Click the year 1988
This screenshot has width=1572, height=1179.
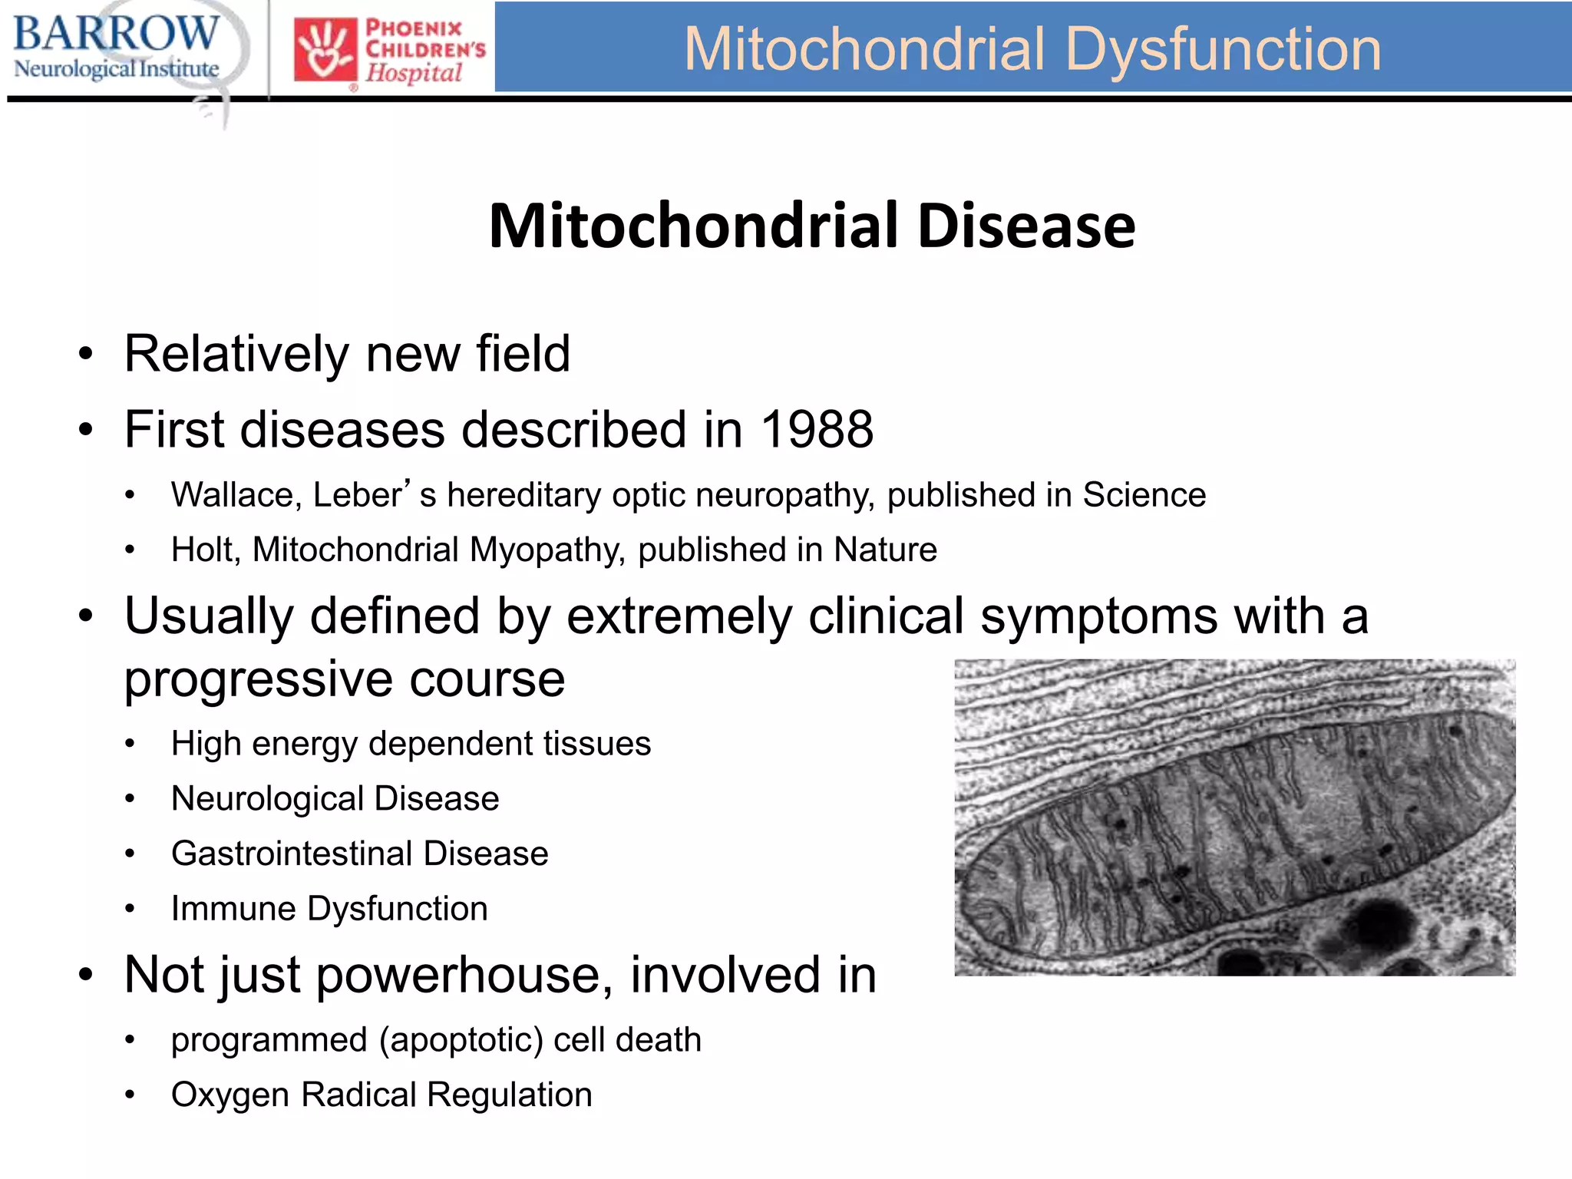(x=817, y=430)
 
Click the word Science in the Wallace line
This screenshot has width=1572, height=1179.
(x=1144, y=495)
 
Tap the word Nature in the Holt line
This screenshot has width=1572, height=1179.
(x=885, y=550)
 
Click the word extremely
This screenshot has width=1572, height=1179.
(x=679, y=616)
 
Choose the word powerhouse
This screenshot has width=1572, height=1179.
(x=464, y=976)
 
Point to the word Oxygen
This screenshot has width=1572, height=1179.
(x=230, y=1095)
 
